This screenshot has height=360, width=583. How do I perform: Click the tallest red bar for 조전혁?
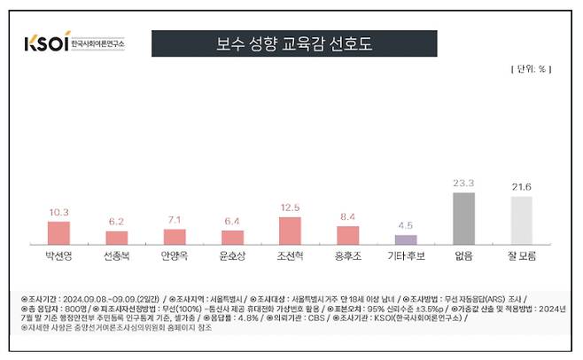pos(290,230)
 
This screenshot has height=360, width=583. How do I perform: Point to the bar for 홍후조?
pos(348,235)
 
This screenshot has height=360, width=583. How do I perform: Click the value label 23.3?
pos(463,183)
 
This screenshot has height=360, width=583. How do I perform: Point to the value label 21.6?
pos(522,187)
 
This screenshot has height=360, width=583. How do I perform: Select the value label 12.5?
pos(290,207)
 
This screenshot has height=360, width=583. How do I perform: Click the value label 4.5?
pos(406,225)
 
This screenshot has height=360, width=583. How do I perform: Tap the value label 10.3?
pos(58,212)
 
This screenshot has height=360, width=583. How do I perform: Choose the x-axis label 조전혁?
pos(290,256)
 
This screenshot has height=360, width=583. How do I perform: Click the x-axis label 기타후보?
pos(406,256)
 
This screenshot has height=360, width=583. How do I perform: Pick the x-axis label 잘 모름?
pos(522,256)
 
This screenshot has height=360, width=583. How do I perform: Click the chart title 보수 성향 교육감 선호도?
pos(294,43)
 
